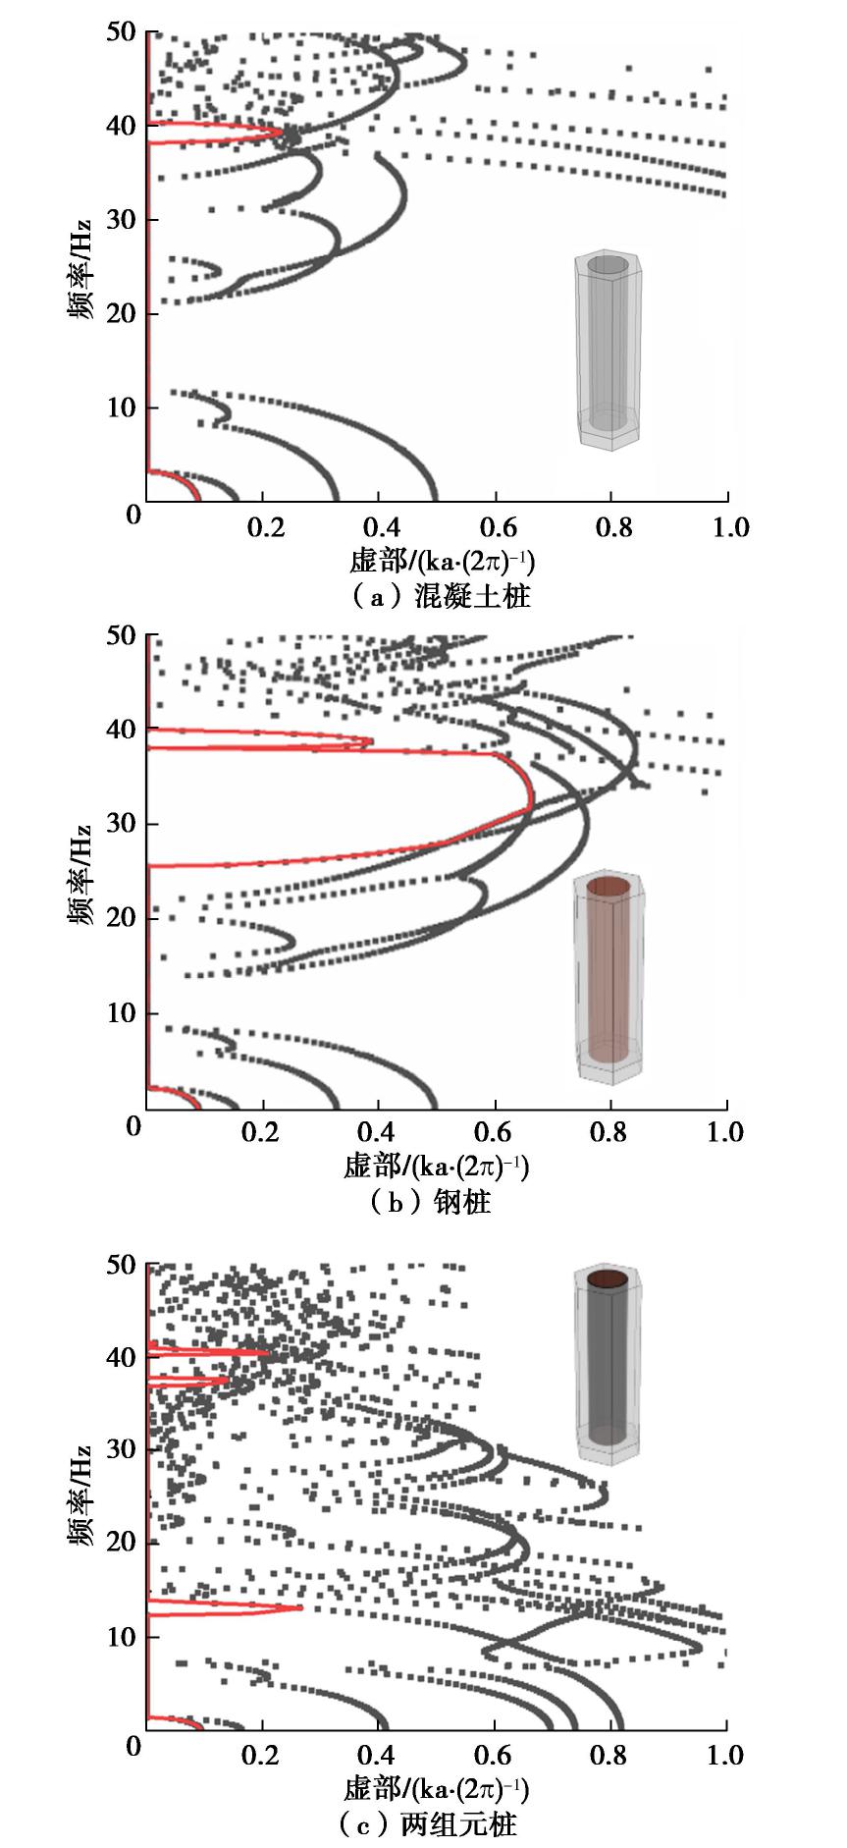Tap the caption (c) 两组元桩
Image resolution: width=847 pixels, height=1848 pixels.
coord(427,1824)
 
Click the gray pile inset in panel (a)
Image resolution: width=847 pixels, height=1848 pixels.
coord(609,350)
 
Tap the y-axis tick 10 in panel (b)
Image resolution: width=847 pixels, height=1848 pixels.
coord(121,1012)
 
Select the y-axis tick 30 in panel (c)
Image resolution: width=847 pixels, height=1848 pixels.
coord(121,1449)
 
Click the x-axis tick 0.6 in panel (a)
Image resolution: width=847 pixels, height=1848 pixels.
coord(498,527)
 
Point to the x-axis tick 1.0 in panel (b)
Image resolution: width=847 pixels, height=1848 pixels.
coord(725,1131)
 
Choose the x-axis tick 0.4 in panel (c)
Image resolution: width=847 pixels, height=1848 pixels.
coord(378,1755)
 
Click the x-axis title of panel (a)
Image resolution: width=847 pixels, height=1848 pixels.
coord(442,562)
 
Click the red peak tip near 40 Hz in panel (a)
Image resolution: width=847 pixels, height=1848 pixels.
coord(282,132)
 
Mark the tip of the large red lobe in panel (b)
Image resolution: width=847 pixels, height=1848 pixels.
coord(532,800)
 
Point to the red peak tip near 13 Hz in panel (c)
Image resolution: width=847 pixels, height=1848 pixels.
coord(301,1607)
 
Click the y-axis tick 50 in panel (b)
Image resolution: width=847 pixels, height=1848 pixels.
coord(121,635)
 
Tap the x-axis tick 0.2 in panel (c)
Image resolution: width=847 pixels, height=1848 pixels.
coord(262,1755)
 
